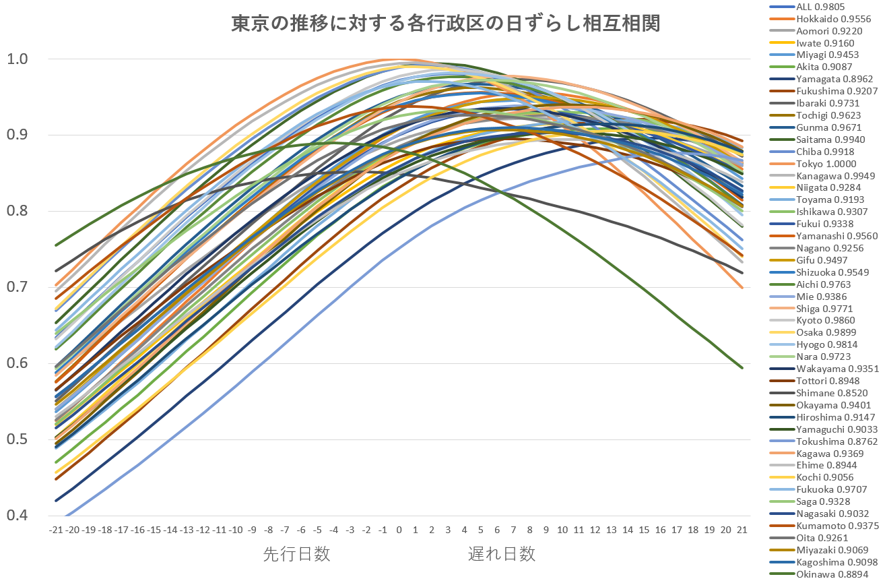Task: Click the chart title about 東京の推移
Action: [445, 24]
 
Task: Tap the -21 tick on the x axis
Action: [56, 530]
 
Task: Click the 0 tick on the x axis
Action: [399, 530]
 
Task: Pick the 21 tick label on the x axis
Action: [742, 530]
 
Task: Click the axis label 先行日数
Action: [296, 555]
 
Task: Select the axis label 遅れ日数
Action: [502, 555]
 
